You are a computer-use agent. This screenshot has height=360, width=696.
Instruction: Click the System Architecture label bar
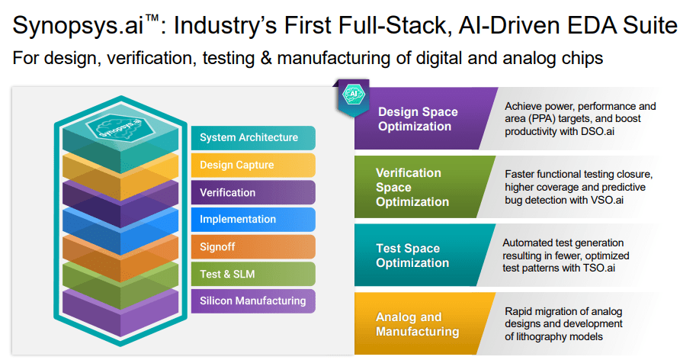(x=252, y=138)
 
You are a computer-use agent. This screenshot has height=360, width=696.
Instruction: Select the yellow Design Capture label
(x=252, y=165)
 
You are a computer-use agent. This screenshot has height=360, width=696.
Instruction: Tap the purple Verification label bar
(x=252, y=192)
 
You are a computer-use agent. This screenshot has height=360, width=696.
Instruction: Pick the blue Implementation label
(x=252, y=219)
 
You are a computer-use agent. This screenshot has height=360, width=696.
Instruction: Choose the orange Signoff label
(x=252, y=246)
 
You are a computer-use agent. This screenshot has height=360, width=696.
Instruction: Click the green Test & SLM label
(x=252, y=274)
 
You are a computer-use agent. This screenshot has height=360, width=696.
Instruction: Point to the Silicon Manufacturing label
(x=252, y=301)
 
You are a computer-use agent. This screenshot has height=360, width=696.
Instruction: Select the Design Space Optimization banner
(x=419, y=119)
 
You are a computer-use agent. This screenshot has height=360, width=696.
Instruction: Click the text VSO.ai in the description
(x=609, y=200)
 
